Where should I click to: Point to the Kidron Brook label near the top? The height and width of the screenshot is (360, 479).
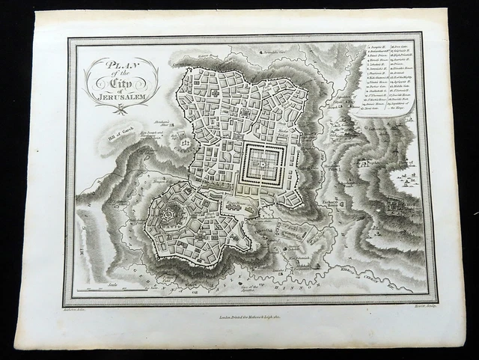[207, 55]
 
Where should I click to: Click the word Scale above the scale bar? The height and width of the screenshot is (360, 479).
[112, 285]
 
